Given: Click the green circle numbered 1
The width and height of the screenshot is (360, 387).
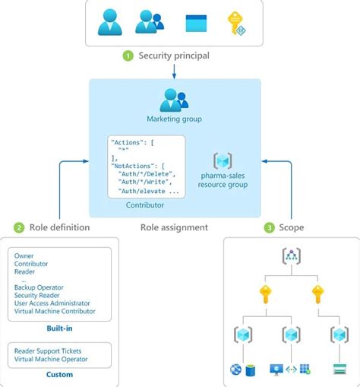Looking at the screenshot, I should coord(128,56).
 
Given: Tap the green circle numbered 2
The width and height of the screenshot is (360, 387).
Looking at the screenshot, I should coord(18,227).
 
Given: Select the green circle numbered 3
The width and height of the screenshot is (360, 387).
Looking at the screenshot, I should coord(269,227).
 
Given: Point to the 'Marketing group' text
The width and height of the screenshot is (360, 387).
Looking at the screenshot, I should coord(175,119).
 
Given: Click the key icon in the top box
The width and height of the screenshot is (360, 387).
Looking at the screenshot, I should coord(238,24).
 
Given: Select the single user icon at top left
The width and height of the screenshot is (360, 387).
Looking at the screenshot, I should coord(109,22).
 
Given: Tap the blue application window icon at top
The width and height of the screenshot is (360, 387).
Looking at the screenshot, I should coord(196,24).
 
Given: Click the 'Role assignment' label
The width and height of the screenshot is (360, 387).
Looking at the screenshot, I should coord(174,227).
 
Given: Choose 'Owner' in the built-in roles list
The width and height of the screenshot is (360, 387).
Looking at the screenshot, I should coord(24,255).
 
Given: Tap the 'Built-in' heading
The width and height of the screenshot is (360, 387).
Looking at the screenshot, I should coord(58,328).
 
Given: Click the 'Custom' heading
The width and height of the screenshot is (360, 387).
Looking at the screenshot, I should coord(58,374).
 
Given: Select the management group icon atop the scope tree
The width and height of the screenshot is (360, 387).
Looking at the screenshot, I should coord(291,256).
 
